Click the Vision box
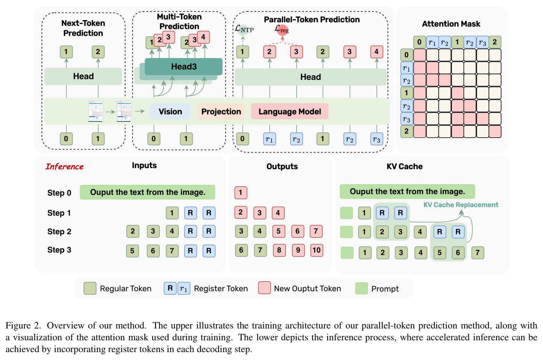coord(170,111)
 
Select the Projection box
coord(221,111)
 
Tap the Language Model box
coord(289,111)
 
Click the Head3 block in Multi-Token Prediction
coord(183,66)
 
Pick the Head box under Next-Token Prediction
coord(83,76)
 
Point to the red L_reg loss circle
coord(282,30)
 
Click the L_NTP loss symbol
coord(244,29)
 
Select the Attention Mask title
coord(451,24)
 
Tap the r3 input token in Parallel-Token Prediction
coord(377,139)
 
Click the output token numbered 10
coord(317,250)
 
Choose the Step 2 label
coord(59,231)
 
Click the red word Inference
coord(64,167)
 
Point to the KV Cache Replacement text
coord(461,205)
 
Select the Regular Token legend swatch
coord(90,288)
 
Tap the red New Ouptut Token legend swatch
coord(264,288)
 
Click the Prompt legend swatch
coord(361,288)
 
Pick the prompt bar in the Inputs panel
coord(147,192)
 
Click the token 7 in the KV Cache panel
coord(477,253)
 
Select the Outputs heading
coord(282,166)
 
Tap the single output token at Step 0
coord(241,193)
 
